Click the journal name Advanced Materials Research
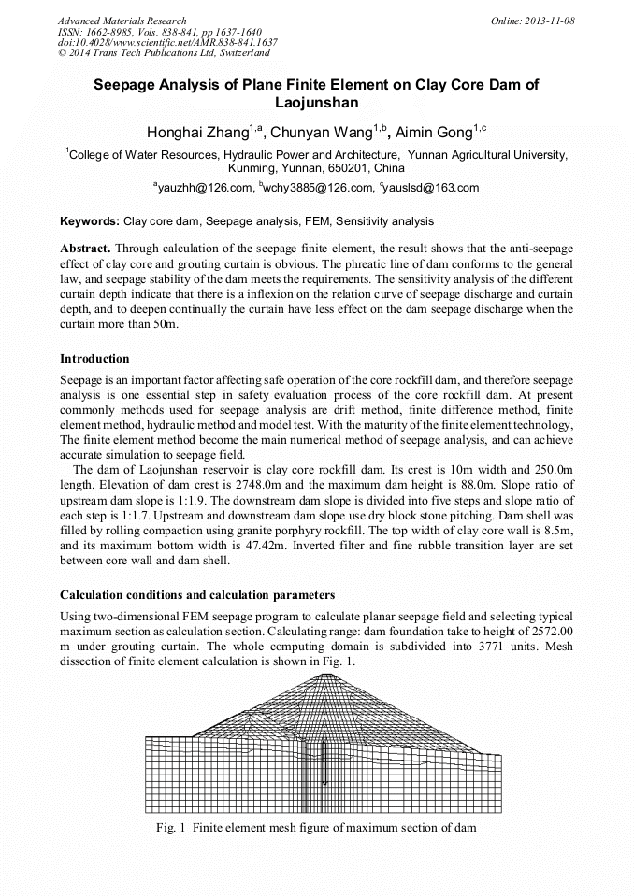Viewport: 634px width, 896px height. click(122, 21)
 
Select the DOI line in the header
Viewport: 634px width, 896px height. click(167, 43)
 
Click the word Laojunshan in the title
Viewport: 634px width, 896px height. click(316, 102)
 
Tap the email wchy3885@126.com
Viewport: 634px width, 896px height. click(319, 188)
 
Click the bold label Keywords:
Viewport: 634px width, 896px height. click(90, 221)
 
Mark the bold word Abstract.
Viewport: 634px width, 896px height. click(85, 249)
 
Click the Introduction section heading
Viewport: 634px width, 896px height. click(94, 358)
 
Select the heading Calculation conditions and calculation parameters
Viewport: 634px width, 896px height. click(197, 595)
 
